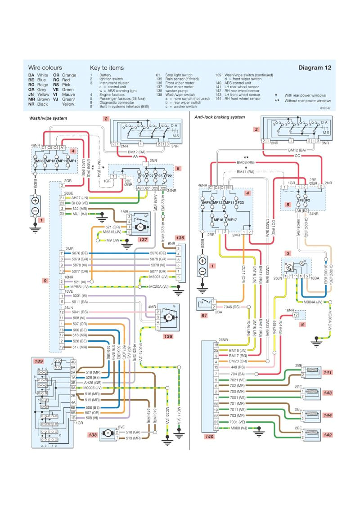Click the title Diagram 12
(x=315, y=67)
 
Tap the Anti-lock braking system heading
(x=220, y=117)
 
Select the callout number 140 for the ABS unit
(x=208, y=436)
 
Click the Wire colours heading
(x=45, y=67)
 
